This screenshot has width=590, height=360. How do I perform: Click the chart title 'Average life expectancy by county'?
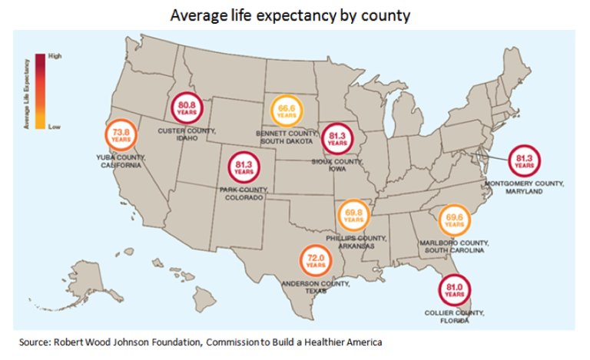click(x=294, y=15)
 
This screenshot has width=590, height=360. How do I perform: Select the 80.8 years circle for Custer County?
click(x=187, y=108)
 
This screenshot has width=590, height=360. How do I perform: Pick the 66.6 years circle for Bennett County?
click(x=287, y=112)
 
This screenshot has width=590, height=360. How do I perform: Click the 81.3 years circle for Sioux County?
click(x=336, y=139)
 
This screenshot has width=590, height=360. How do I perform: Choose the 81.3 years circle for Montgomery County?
click(x=524, y=161)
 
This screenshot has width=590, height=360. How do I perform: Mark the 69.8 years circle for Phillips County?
click(x=353, y=216)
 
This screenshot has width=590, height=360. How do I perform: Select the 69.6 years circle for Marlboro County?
click(x=453, y=220)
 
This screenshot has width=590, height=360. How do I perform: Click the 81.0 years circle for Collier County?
click(x=453, y=291)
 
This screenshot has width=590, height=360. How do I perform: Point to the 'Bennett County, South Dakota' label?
click(x=286, y=137)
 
